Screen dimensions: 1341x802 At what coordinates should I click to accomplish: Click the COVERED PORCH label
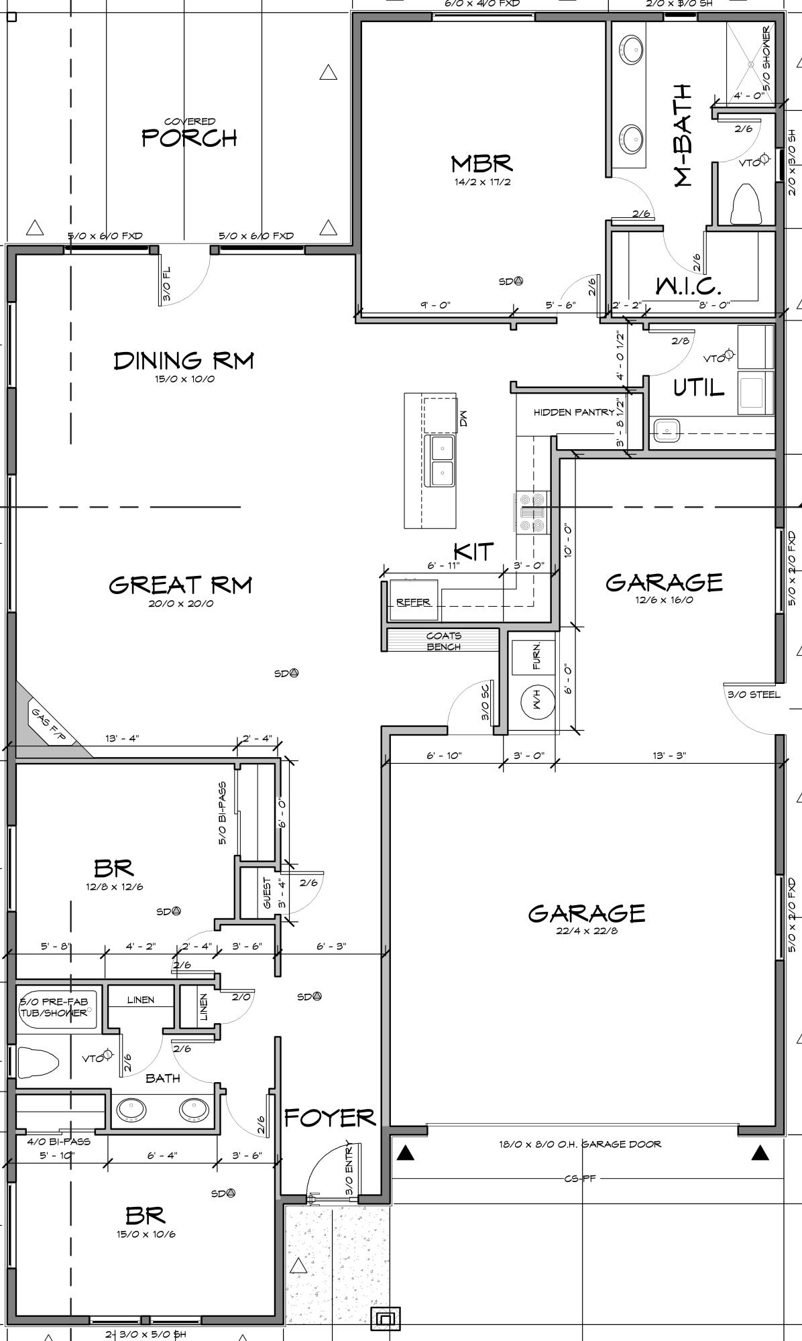(190, 133)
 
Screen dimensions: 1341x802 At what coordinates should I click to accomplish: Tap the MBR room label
(481, 164)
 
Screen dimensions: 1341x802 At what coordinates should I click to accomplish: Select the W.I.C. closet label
(688, 287)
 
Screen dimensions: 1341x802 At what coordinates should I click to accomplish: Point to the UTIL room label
(699, 388)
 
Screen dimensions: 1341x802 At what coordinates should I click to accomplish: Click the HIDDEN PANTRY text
(573, 412)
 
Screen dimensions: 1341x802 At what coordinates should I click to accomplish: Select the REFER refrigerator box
(414, 601)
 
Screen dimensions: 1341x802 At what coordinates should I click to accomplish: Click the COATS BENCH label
(443, 641)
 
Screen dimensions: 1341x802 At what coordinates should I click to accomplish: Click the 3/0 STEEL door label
(754, 694)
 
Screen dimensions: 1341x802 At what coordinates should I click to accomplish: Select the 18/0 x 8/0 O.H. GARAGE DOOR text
(579, 1143)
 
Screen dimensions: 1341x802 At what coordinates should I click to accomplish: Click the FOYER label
(329, 1118)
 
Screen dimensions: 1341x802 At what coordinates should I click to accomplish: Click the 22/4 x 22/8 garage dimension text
(586, 931)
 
